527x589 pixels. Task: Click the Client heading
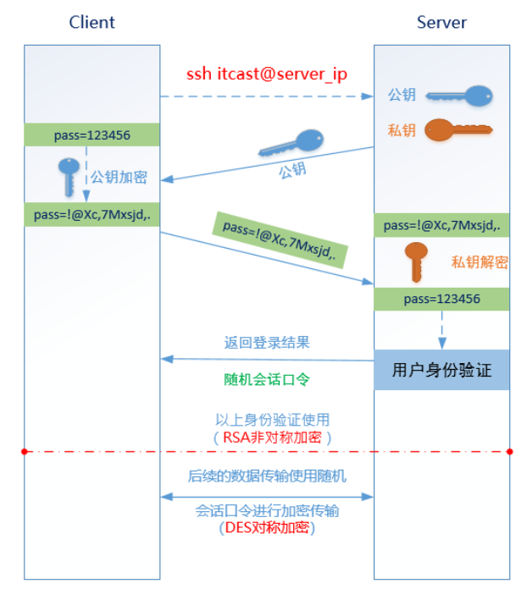(92, 22)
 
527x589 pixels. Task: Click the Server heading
(441, 22)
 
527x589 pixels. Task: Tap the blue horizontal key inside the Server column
(458, 96)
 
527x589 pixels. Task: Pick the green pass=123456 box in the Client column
(92, 135)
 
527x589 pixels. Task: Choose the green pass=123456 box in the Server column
(441, 299)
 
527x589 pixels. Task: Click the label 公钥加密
(119, 177)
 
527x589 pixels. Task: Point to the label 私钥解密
(480, 262)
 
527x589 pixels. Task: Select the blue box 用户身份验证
(441, 370)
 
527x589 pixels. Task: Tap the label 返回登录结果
(267, 343)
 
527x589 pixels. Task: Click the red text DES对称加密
(266, 528)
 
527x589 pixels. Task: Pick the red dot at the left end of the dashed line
(25, 452)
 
